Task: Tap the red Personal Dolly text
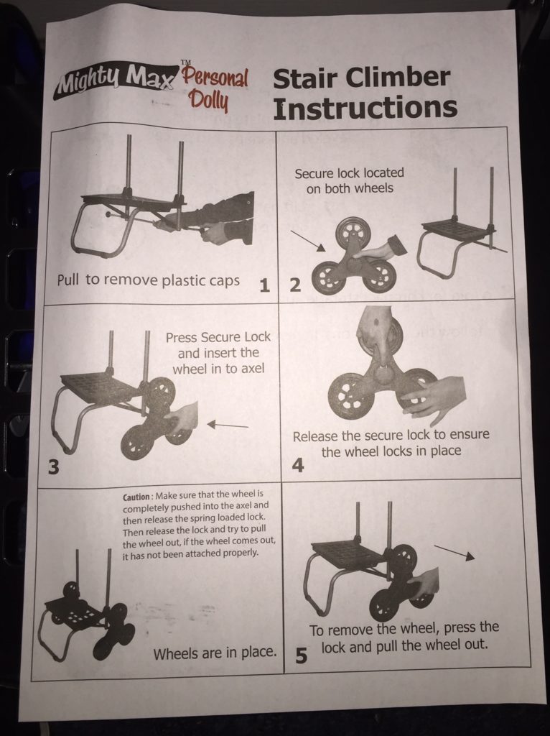(215, 89)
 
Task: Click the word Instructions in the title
(365, 108)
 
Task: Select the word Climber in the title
(398, 78)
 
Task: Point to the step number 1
(264, 285)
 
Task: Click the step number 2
(295, 285)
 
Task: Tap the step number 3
(54, 466)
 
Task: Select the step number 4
(298, 465)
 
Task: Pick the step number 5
(301, 655)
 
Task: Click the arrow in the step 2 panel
(307, 241)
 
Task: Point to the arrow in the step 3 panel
(228, 425)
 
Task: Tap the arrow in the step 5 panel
(455, 553)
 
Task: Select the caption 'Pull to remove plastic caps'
(148, 280)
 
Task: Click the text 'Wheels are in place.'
(215, 653)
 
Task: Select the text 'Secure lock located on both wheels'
(350, 180)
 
